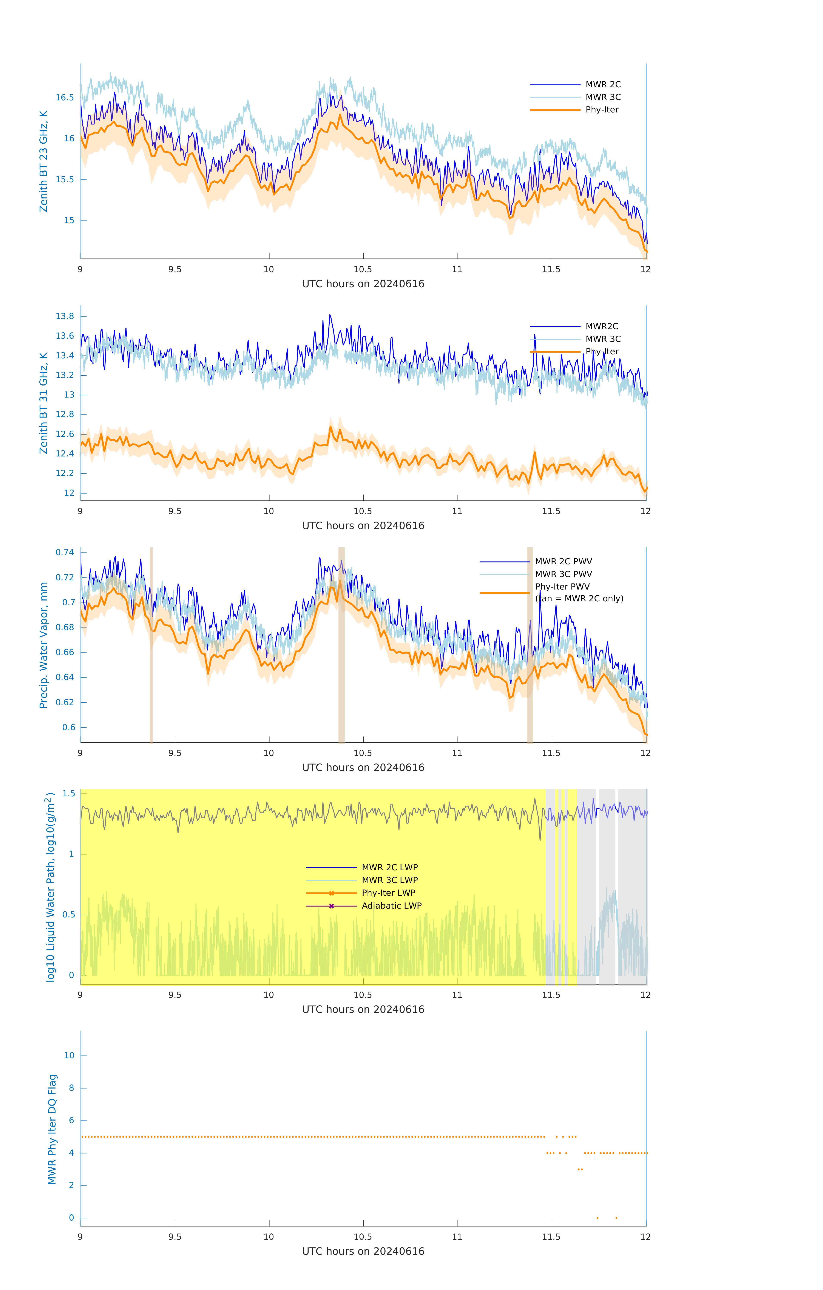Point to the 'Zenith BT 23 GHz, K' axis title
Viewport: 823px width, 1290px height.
[x=43, y=161]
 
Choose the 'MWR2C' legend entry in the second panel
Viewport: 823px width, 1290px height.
[x=602, y=326]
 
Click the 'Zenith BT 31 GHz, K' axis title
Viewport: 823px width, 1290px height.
[x=43, y=403]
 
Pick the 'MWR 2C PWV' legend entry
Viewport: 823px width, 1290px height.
[x=563, y=561]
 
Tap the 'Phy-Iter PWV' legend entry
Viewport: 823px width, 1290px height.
[x=562, y=587]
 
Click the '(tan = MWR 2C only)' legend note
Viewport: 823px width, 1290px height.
[x=579, y=598]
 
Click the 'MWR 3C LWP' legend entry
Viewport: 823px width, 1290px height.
[x=389, y=880]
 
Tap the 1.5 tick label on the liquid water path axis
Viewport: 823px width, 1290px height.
[x=69, y=793]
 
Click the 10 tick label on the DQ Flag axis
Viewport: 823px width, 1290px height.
[x=69, y=1055]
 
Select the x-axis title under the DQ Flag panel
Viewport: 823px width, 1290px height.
[x=363, y=1252]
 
